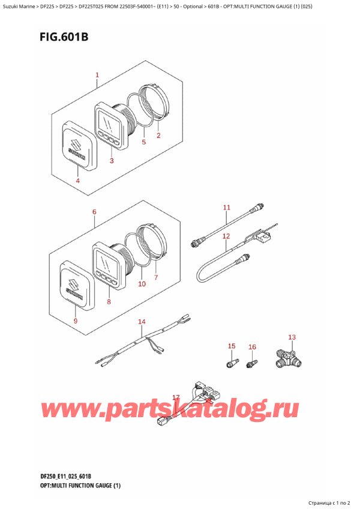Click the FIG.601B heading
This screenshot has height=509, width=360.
(x=64, y=37)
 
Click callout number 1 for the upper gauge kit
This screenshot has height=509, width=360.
(x=97, y=75)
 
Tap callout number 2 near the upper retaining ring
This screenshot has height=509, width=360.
(x=158, y=136)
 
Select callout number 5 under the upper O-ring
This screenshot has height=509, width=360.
(x=144, y=142)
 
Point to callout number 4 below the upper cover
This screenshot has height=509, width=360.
(x=78, y=181)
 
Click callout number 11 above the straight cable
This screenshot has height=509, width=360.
(x=227, y=208)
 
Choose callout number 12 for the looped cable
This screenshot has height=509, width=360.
(x=226, y=236)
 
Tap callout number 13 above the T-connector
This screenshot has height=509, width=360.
(x=292, y=337)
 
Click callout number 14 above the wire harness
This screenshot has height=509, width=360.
(x=142, y=322)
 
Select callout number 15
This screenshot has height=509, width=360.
(x=232, y=346)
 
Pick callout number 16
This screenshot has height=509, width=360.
(x=252, y=347)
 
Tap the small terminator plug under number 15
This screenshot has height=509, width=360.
(x=232, y=363)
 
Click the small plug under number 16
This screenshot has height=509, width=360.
(x=252, y=364)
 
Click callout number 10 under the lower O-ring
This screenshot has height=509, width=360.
(x=142, y=284)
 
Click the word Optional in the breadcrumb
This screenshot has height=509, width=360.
(x=193, y=6)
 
